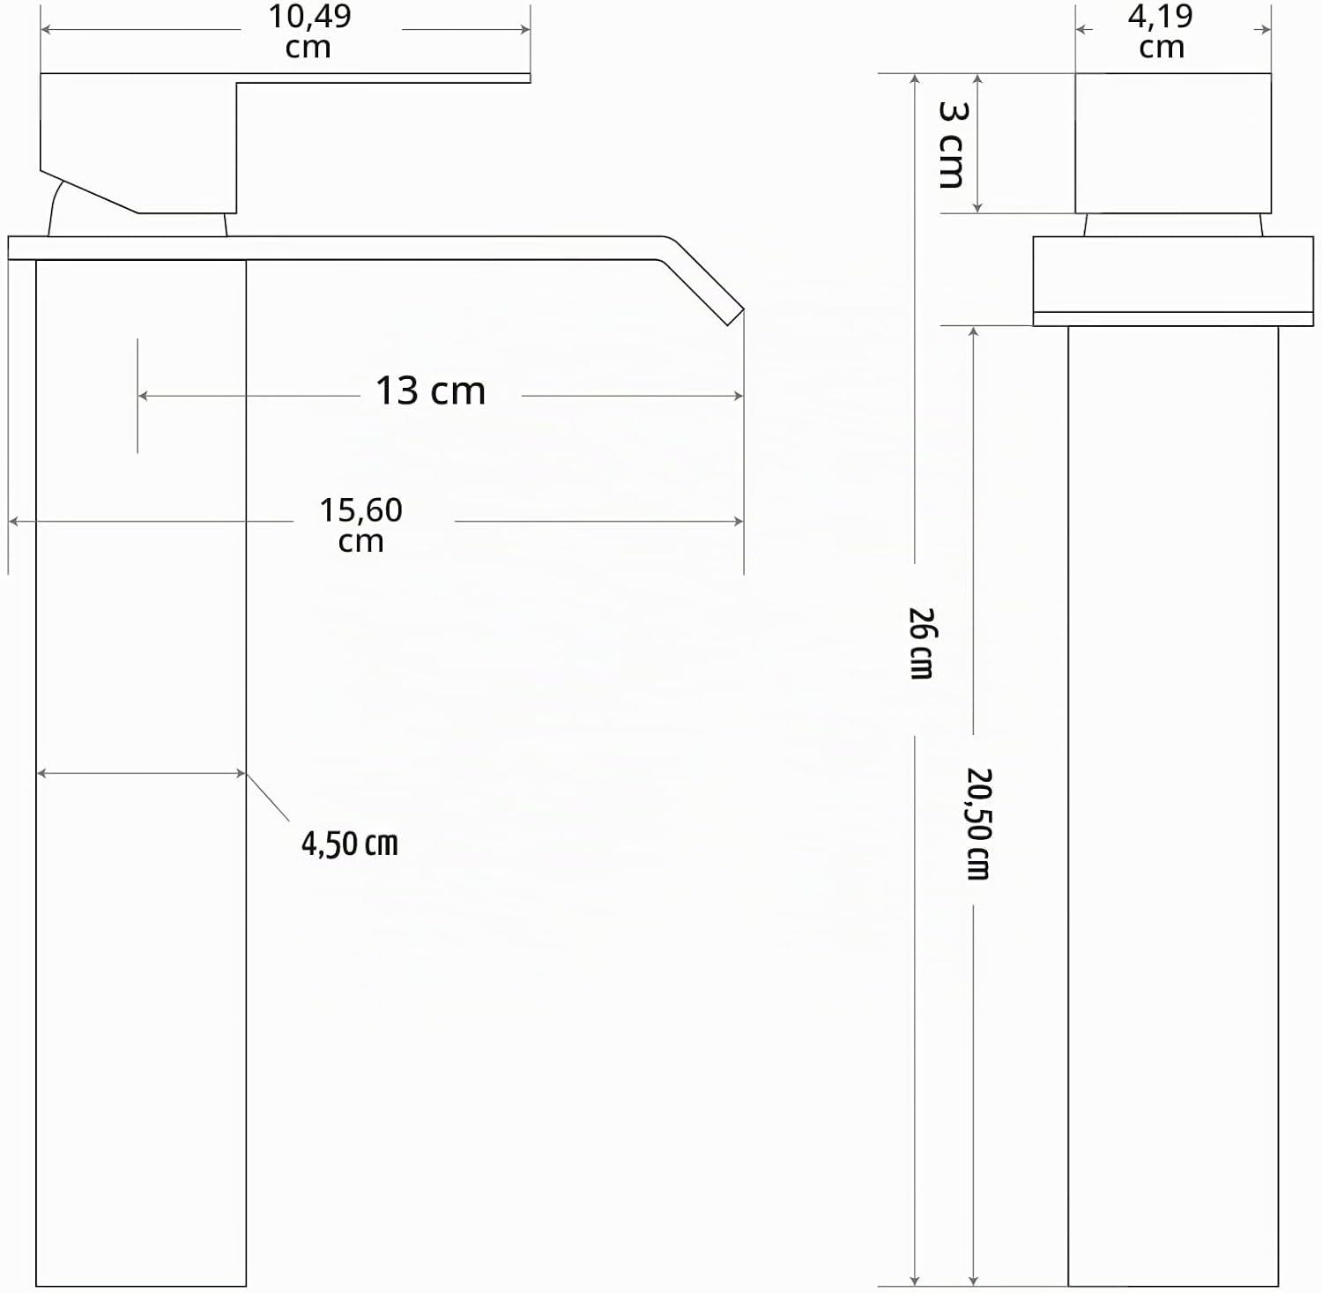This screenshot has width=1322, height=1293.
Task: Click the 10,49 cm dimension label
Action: pyautogui.click(x=309, y=31)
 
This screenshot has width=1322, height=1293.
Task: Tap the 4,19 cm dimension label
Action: pyautogui.click(x=1161, y=31)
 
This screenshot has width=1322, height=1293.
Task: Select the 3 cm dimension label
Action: pyautogui.click(x=953, y=145)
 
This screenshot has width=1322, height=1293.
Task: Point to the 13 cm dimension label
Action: pyautogui.click(x=430, y=391)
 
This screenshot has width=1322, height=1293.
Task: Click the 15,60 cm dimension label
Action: pyautogui.click(x=360, y=524)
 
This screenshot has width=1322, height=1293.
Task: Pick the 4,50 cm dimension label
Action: pyautogui.click(x=350, y=844)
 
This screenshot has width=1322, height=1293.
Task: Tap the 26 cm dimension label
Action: pyautogui.click(x=922, y=643)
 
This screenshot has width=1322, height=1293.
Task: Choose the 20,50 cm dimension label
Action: pyautogui.click(x=979, y=823)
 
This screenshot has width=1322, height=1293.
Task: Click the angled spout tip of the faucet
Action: pyautogui.click(x=735, y=316)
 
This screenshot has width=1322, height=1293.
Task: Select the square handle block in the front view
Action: pyautogui.click(x=1173, y=143)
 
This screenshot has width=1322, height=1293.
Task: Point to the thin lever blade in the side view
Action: pyautogui.click(x=383, y=78)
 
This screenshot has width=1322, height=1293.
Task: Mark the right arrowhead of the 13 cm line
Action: pyautogui.click(x=738, y=396)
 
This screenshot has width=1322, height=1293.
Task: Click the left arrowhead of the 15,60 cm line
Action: pyautogui.click(x=14, y=521)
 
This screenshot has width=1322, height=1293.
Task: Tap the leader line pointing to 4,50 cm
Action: pyautogui.click(x=268, y=798)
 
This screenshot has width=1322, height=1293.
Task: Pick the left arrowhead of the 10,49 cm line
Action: pyautogui.click(x=47, y=29)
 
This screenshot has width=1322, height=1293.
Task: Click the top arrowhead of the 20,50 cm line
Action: pyautogui.click(x=974, y=331)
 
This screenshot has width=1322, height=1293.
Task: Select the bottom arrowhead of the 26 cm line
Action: pyautogui.click(x=915, y=1281)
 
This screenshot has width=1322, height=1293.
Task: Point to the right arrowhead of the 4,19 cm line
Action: pyautogui.click(x=1266, y=29)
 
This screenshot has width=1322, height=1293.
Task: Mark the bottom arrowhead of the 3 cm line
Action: pyautogui.click(x=977, y=207)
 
